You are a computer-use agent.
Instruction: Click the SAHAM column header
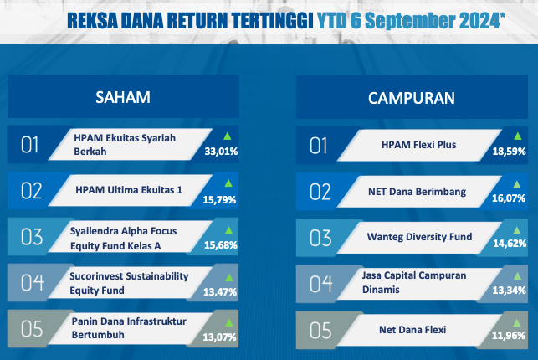point(123,97)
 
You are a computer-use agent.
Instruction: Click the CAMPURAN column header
point(412,98)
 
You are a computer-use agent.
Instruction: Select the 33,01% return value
point(221,152)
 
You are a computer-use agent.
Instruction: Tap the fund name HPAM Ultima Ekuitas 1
point(129,190)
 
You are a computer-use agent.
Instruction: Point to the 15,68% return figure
point(221,245)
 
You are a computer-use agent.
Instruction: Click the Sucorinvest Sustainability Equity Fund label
point(129,283)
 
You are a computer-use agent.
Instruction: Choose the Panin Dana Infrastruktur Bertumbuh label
point(129,328)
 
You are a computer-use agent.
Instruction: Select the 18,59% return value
point(510,152)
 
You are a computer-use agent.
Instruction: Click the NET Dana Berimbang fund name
point(418,192)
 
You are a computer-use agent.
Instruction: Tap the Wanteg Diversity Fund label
point(420,237)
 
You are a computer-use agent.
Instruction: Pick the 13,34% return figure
point(510,291)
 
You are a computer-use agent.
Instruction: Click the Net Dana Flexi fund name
point(412,330)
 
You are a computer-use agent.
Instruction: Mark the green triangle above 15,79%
point(228,183)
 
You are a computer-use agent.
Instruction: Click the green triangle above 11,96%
point(516,322)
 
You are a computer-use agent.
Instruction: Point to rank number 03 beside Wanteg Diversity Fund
point(320,238)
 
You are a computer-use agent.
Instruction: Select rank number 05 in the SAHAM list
point(32,329)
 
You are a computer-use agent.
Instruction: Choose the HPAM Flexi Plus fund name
point(419,145)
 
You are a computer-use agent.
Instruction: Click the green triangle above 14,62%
point(516,230)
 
